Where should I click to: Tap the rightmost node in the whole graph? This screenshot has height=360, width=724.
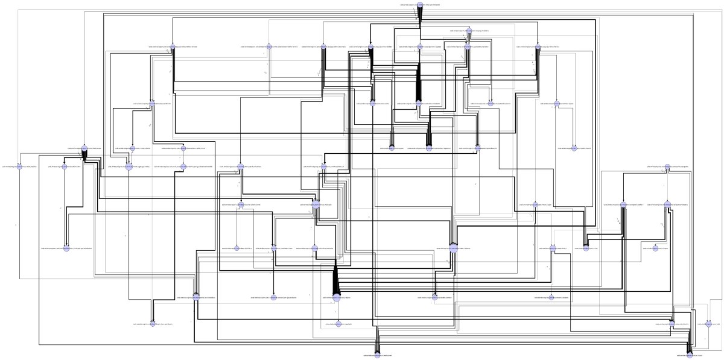(x=715, y=324)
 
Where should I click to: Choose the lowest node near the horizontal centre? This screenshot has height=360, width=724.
(x=378, y=355)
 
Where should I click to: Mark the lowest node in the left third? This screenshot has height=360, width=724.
(x=153, y=324)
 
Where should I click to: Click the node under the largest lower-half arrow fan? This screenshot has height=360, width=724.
(x=337, y=297)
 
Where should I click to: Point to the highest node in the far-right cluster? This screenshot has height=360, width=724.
(x=667, y=166)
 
